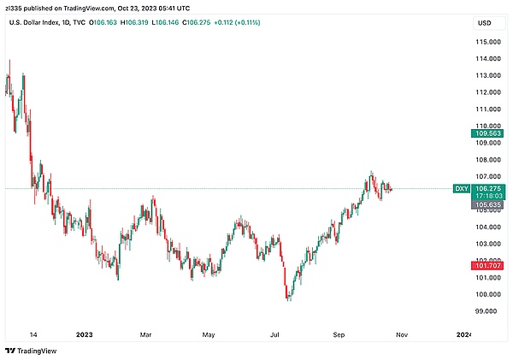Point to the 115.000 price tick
pos(488,42)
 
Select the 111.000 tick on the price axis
pos(488,109)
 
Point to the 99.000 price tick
pos(488,311)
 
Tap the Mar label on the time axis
pos(145,334)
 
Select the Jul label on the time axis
pos(275,334)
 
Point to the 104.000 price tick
pos(488,227)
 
